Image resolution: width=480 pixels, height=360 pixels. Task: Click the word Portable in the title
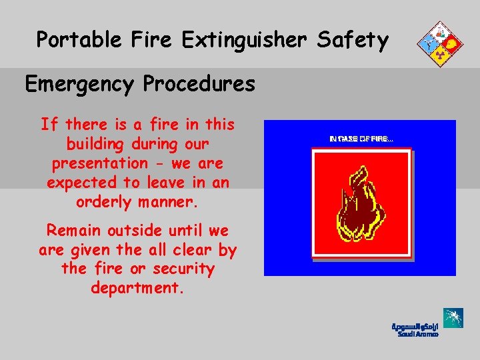pos(75,41)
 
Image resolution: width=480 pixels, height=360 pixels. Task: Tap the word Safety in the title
pos(353,41)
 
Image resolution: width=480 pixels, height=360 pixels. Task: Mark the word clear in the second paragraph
pos(188,250)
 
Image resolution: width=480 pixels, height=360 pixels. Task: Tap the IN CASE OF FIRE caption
pos(361,139)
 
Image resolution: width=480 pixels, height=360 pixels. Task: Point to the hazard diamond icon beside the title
pos(438,44)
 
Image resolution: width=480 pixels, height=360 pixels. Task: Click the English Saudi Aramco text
pos(418,334)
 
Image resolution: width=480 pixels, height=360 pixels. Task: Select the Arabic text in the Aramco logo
pos(415,326)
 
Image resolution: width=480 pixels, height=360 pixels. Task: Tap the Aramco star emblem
pos(453,319)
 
